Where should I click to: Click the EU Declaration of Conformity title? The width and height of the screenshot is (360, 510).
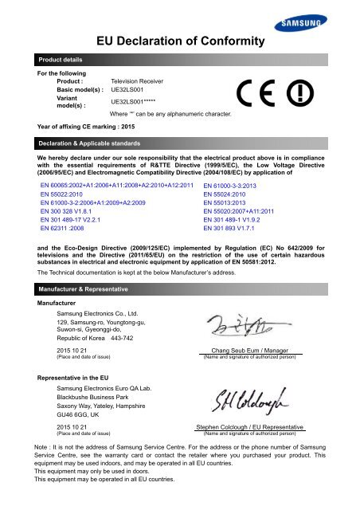pyautogui.click(x=180, y=41)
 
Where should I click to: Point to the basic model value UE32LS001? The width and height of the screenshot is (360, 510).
pyautogui.click(x=129, y=91)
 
